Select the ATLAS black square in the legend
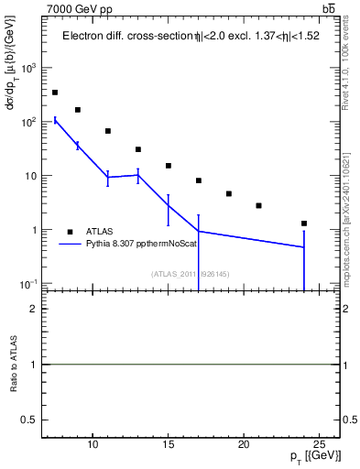coord(70,232)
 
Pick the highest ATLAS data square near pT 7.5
coord(55,93)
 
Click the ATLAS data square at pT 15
coord(169,166)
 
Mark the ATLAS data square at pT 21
coord(258,205)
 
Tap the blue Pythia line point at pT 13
coord(138,175)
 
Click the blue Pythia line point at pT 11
coord(108,177)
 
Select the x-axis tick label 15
coord(168,446)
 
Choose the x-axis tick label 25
coord(318,446)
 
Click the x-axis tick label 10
coord(93,446)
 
